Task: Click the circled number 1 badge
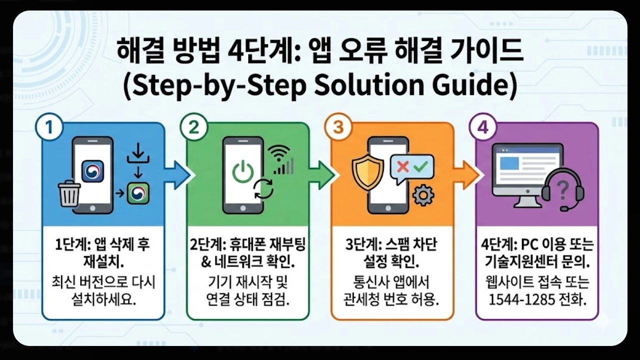tap(49, 127)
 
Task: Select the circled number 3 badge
tap(338, 127)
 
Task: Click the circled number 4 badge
tap(483, 127)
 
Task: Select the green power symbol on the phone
tap(243, 171)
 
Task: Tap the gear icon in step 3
tap(423, 195)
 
